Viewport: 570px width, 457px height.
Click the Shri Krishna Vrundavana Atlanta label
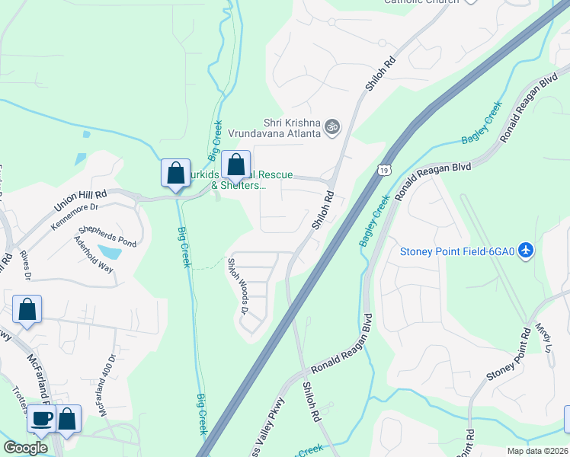291,127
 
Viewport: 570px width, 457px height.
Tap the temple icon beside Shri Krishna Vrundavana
331,126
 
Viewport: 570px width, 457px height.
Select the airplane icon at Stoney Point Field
525,251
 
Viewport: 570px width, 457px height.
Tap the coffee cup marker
41,418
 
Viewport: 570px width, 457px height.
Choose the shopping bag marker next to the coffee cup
67,418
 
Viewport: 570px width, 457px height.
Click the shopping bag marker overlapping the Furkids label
236,164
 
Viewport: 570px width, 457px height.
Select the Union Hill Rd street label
80,202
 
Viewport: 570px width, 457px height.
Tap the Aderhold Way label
93,254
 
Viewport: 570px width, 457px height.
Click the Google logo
26,448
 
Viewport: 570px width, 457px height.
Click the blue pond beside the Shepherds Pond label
110,252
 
